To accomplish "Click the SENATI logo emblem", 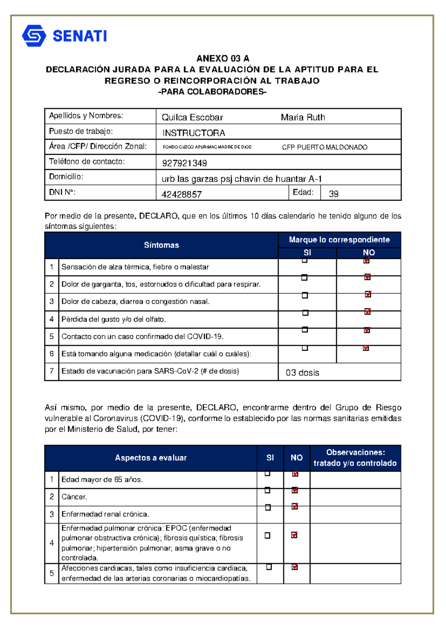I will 34,36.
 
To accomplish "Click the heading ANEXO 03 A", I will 223,58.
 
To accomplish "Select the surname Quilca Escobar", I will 192,118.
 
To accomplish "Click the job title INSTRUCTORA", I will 194,133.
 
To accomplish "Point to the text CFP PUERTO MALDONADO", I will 324,147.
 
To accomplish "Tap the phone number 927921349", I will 184,163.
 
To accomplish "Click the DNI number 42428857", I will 182,194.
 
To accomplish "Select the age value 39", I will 333,194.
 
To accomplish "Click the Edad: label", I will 303,192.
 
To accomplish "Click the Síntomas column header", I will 161,245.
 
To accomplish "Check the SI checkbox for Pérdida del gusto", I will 305,313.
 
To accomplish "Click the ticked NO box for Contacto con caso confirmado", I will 367,330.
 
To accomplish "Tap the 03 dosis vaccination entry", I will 302,373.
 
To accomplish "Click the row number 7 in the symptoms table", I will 52,371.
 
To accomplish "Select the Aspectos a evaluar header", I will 151,458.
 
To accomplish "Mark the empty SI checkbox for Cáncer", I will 267,490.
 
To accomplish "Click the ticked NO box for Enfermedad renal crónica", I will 295,507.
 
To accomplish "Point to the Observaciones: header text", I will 355,452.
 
